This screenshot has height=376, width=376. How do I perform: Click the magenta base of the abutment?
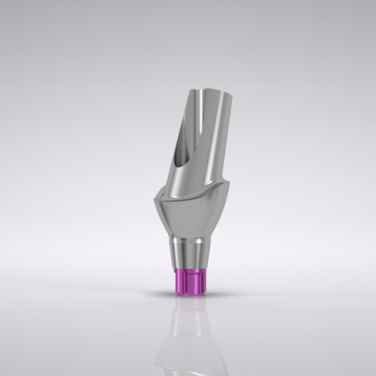click(x=187, y=281)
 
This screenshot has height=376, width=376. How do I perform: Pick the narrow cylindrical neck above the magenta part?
click(x=188, y=253)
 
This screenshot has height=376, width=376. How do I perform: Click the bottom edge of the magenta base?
click(x=187, y=293)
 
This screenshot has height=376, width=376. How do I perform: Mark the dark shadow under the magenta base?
click(x=187, y=297)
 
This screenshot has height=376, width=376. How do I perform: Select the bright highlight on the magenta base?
click(x=197, y=281)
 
